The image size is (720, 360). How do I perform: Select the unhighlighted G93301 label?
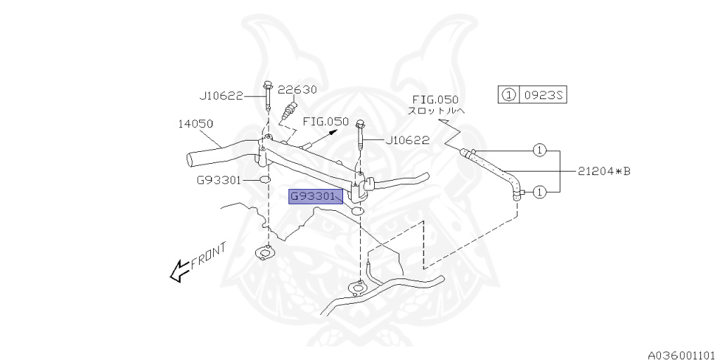pyautogui.click(x=219, y=180)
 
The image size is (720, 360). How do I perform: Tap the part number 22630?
pyautogui.click(x=297, y=90)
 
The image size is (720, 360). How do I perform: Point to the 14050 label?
pyautogui.click(x=195, y=124)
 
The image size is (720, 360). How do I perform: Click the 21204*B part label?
pyautogui.click(x=604, y=169)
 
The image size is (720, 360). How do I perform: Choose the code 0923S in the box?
pyautogui.click(x=541, y=95)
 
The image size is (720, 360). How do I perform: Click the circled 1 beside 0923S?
pyautogui.click(x=508, y=95)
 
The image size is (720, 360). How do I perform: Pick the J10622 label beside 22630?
pyautogui.click(x=220, y=96)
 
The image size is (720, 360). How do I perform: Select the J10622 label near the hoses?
pyautogui.click(x=407, y=141)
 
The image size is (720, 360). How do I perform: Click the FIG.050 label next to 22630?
pyautogui.click(x=326, y=122)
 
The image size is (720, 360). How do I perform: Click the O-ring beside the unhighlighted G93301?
pyautogui.click(x=264, y=181)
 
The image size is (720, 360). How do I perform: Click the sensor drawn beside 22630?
pyautogui.click(x=288, y=110)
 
